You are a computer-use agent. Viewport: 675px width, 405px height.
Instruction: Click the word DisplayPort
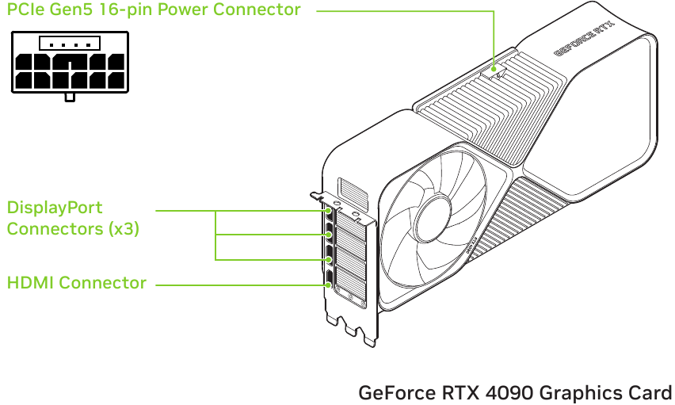point(55,208)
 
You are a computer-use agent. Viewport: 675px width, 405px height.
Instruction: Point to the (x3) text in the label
point(124,229)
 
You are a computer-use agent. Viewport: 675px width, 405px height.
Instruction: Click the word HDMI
point(30,282)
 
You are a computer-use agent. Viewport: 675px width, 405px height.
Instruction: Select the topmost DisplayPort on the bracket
point(327,212)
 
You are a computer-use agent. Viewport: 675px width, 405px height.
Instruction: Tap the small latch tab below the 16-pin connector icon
point(70,97)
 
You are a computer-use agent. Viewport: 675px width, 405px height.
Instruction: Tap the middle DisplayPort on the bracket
point(328,235)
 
